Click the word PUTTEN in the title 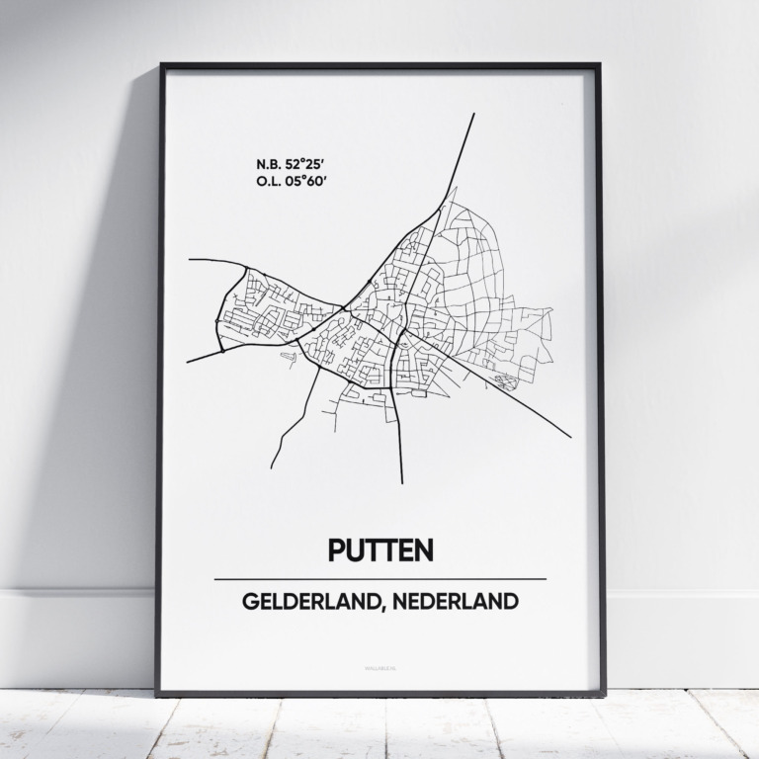click(379, 551)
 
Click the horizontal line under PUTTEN click(379, 578)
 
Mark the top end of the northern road click(474, 114)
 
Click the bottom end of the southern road click(402, 483)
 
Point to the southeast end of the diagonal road click(570, 437)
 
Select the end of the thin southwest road click(271, 467)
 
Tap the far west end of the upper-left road click(189, 260)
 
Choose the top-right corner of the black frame click(599, 66)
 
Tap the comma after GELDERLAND click(377, 607)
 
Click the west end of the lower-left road click(187, 362)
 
